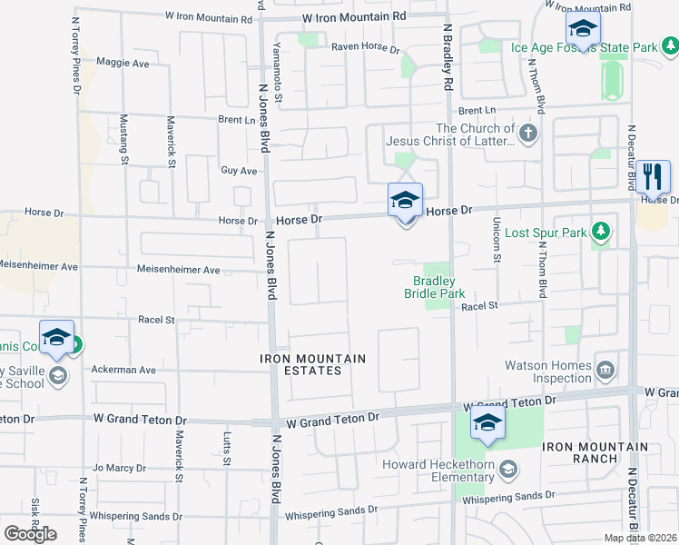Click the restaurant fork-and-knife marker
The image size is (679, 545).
pyautogui.click(x=653, y=176)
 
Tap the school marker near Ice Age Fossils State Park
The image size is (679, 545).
pyautogui.click(x=582, y=29)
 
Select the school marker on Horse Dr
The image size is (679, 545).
pyautogui.click(x=405, y=200)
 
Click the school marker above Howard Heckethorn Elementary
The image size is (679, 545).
pyautogui.click(x=487, y=423)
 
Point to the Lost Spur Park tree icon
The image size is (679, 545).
pyautogui.click(x=599, y=233)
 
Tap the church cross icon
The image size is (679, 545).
pyautogui.click(x=529, y=134)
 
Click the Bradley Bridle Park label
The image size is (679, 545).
pyautogui.click(x=434, y=287)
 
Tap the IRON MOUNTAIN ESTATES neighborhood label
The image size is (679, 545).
pyautogui.click(x=313, y=364)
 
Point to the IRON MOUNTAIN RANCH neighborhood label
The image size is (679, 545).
pyautogui.click(x=595, y=452)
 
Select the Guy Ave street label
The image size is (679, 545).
pyautogui.click(x=239, y=170)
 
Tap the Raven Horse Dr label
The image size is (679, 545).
pyautogui.click(x=365, y=47)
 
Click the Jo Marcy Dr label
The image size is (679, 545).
pyautogui.click(x=119, y=469)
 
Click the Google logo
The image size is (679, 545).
pyautogui.click(x=30, y=534)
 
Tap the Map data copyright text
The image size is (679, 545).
pyautogui.click(x=640, y=538)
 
